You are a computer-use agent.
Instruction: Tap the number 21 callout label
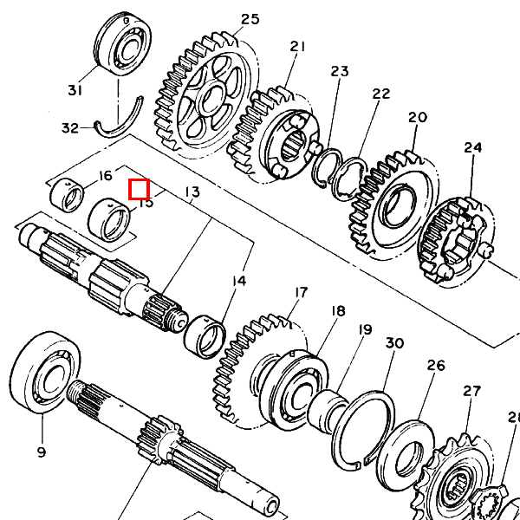tap(298, 47)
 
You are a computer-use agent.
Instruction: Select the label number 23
tap(339, 71)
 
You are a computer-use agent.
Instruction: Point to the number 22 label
tap(381, 94)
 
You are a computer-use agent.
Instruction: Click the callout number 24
tap(472, 147)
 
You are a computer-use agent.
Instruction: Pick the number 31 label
tap(75, 90)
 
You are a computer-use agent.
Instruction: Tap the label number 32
tap(70, 128)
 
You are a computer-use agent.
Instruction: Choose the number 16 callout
tap(105, 176)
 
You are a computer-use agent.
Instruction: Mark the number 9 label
tap(41, 451)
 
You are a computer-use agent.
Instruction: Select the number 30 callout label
tap(394, 344)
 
